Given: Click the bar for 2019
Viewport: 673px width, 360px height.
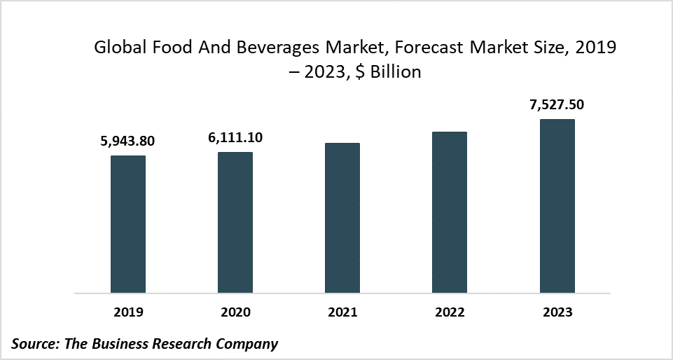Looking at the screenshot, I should [128, 224].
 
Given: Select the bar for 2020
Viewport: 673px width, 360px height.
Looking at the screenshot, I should [235, 223].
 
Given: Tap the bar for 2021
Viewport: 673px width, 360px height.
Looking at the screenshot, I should [342, 218].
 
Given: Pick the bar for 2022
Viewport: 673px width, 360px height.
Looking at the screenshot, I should [450, 212].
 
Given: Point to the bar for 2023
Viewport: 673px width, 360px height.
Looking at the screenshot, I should [557, 206].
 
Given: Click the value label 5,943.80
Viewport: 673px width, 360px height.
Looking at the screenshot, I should [127, 141].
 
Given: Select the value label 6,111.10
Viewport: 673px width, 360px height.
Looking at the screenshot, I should [235, 138].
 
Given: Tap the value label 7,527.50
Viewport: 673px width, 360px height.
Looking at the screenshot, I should [557, 105].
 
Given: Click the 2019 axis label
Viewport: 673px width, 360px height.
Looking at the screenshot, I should [128, 312].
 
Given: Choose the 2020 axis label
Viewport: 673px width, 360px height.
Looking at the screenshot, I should [235, 312].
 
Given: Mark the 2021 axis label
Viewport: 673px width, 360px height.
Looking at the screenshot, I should [342, 312].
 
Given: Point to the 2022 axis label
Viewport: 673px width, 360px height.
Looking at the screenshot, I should [450, 312].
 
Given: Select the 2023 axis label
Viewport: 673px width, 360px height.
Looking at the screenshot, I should [557, 312].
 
